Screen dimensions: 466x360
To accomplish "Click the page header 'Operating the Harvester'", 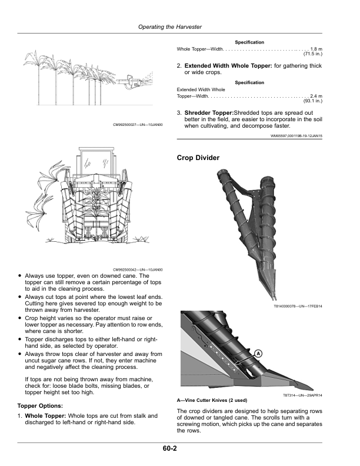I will click(170, 27).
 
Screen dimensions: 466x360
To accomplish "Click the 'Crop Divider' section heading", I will click(198, 158).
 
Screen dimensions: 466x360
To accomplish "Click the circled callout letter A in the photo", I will click(258, 354).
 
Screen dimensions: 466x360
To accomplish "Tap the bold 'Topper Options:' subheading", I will click(42, 406).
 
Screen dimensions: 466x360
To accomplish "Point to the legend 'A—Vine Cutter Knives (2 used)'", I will click(215, 400).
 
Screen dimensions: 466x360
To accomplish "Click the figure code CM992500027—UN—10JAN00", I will click(138, 125).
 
